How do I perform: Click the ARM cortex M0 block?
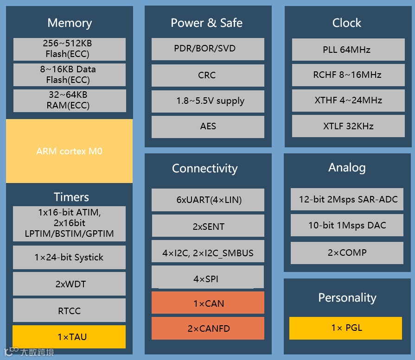coord(69,151)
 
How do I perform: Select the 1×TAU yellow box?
coord(69,337)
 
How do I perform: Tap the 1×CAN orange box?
coord(208,303)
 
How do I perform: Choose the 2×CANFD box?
coord(208,328)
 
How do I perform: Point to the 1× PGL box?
coord(346,328)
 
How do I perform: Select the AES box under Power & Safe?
coord(208,126)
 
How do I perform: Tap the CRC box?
coord(208,75)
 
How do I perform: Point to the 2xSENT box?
coord(208,226)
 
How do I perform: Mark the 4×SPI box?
coord(208,278)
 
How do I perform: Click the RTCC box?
coord(69,310)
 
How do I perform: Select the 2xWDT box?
coord(69,284)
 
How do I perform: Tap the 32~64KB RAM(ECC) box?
coord(69,100)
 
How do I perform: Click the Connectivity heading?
coord(204,168)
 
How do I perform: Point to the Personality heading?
coord(347,297)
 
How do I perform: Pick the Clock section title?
coord(346,23)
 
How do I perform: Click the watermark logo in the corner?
coord(29,352)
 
